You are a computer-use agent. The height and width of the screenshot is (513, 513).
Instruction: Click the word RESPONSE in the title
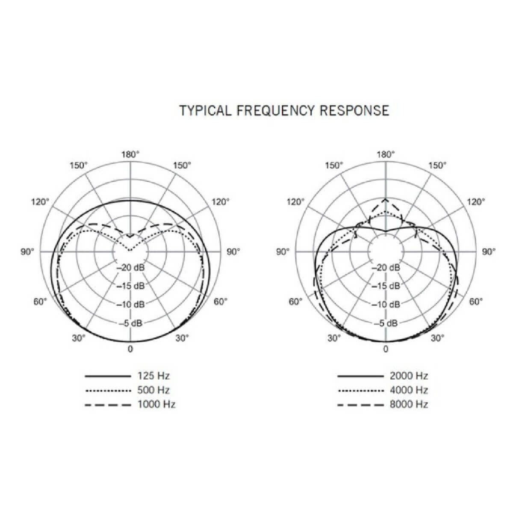(354, 110)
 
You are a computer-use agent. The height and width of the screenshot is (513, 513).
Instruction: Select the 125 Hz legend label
(153, 376)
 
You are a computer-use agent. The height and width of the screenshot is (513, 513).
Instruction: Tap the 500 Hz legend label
(153, 390)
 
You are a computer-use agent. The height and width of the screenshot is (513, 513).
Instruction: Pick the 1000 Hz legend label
(156, 404)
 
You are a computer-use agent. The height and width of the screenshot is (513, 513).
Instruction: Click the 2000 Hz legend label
(409, 376)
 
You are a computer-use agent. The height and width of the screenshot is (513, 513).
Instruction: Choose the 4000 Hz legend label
(409, 390)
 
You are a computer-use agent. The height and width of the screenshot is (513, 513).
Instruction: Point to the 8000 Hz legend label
(409, 404)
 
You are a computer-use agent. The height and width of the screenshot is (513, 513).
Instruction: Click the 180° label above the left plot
(130, 154)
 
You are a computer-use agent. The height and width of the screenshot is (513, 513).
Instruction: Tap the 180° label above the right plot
(386, 154)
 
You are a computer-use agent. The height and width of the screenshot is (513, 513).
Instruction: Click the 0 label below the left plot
(130, 349)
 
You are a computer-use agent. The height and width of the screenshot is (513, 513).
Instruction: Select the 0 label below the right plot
(386, 349)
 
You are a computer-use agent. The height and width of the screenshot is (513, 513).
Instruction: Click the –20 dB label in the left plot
(130, 267)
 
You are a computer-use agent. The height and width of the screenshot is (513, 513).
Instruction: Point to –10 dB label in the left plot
(130, 304)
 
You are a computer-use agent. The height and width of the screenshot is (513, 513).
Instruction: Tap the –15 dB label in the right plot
(386, 286)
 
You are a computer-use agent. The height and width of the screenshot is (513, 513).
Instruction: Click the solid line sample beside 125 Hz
(108, 376)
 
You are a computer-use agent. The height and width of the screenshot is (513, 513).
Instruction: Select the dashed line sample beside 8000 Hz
(360, 405)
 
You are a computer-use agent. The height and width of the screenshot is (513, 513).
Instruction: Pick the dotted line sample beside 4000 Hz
(360, 391)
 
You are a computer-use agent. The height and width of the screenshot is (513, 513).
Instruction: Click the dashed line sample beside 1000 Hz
(108, 405)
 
